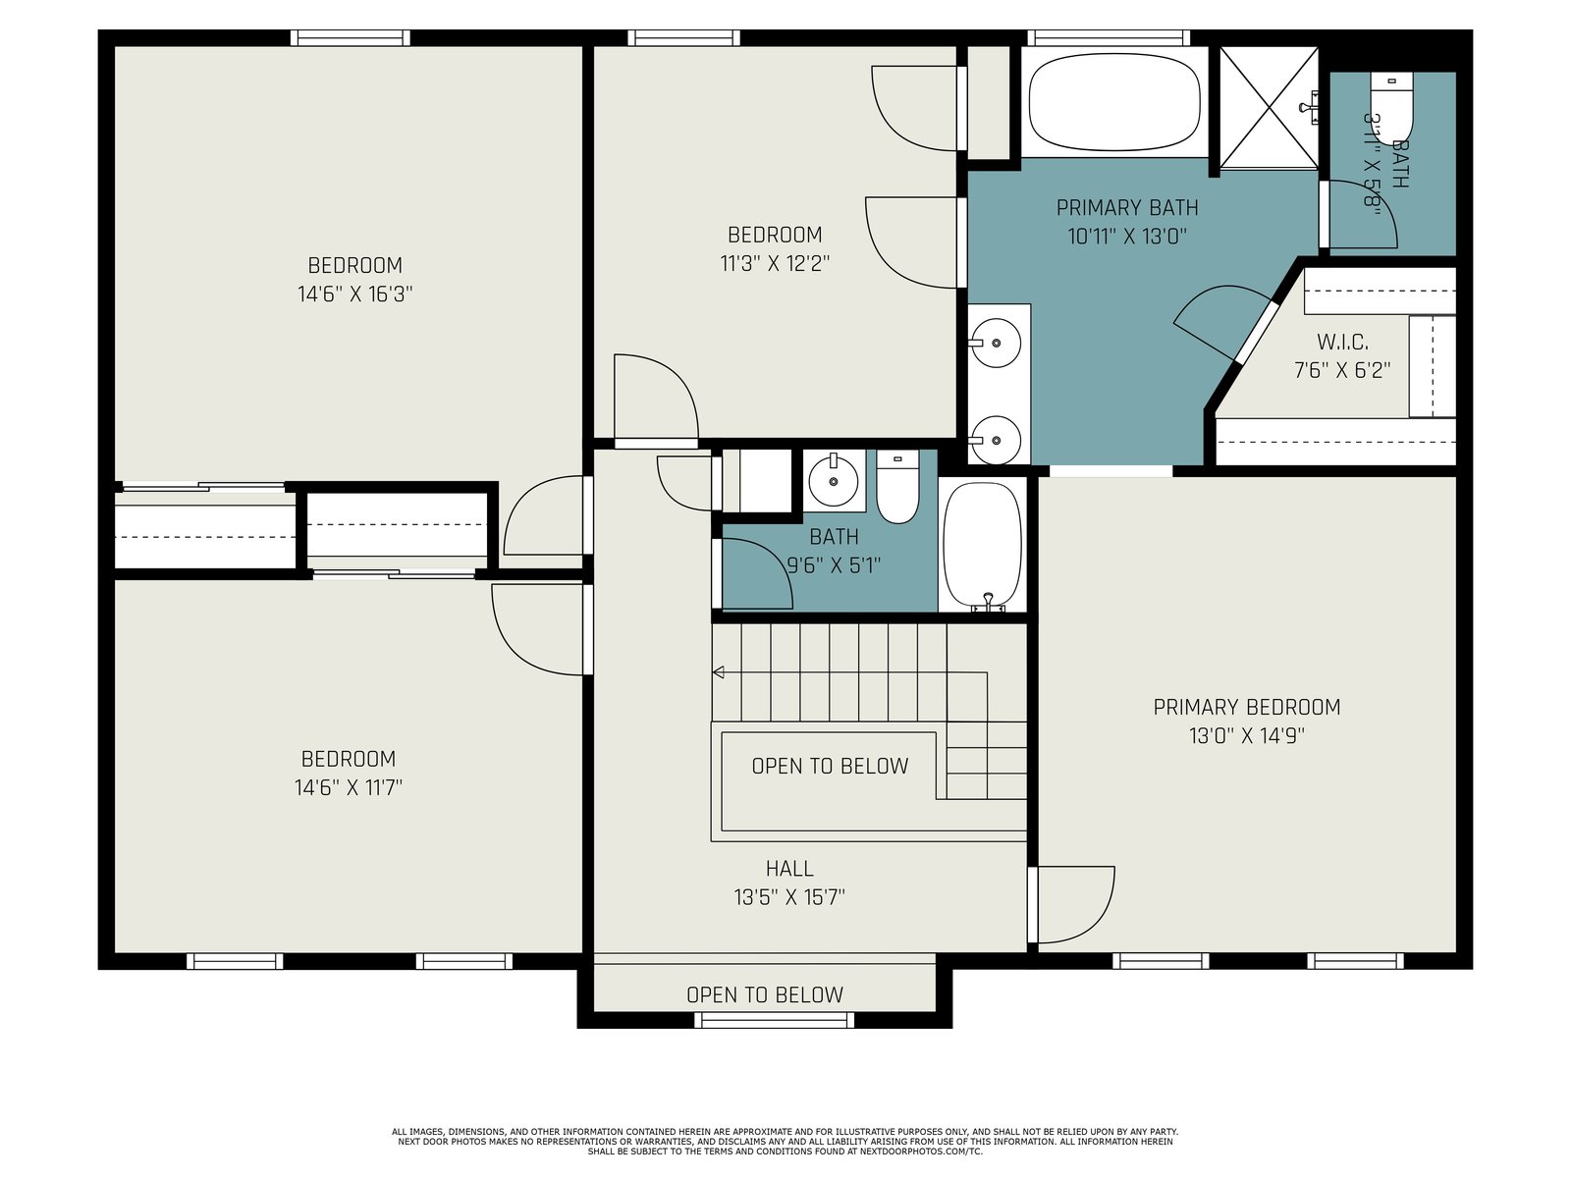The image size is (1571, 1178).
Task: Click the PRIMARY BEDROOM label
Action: [1246, 707]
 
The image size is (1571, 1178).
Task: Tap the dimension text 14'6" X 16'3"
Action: [355, 294]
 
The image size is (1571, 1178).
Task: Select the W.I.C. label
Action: [1342, 342]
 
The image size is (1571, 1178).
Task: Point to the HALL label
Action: [789, 869]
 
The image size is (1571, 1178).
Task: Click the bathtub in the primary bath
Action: [1113, 101]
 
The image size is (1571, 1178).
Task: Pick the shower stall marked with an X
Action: [1269, 108]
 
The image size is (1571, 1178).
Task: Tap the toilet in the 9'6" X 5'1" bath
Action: [897, 486]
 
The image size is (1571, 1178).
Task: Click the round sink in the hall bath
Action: [833, 481]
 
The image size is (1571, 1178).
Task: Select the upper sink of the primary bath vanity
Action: [995, 343]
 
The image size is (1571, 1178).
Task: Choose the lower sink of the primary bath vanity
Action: [995, 440]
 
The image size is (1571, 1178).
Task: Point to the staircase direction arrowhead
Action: [718, 672]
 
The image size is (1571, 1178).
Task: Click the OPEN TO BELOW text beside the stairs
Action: [830, 766]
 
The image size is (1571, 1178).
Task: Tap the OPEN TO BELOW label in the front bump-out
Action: [764, 994]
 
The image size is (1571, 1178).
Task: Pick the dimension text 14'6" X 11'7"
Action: [349, 787]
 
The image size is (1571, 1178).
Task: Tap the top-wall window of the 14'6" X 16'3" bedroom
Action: [350, 38]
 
